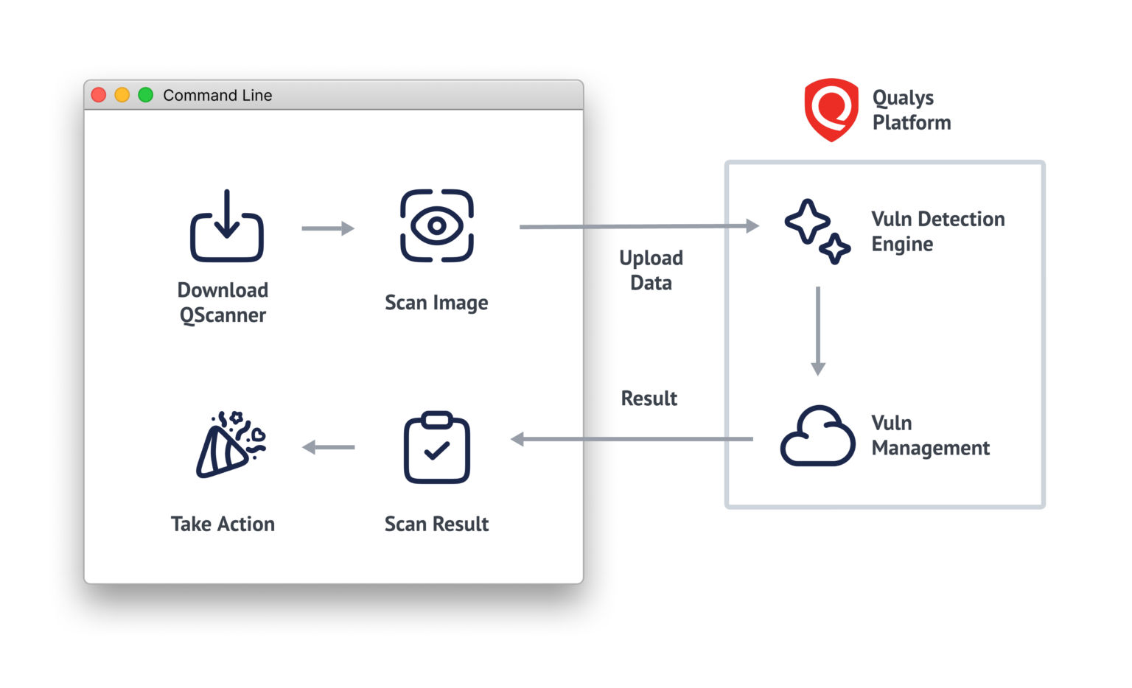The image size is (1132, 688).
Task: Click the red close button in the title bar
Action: (x=99, y=95)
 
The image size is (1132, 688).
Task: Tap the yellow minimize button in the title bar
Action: (x=122, y=95)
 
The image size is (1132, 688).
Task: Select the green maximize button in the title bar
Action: (x=146, y=95)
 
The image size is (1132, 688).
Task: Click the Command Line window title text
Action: (x=217, y=95)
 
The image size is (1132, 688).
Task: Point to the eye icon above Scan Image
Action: (x=436, y=225)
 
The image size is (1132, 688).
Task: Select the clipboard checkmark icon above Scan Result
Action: (x=436, y=447)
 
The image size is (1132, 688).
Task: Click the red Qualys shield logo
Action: (x=831, y=110)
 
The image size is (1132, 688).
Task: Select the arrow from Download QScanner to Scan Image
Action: (x=328, y=228)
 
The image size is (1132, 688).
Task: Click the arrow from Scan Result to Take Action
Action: (x=329, y=447)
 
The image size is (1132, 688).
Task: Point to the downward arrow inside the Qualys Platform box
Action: (x=818, y=331)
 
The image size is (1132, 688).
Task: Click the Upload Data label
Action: (x=651, y=270)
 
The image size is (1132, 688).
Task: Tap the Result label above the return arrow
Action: (x=649, y=399)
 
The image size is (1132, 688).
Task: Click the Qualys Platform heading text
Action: (x=911, y=110)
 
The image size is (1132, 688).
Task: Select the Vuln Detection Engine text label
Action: (x=937, y=231)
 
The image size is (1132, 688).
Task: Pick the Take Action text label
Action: (x=223, y=524)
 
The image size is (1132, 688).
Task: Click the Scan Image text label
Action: (x=436, y=303)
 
